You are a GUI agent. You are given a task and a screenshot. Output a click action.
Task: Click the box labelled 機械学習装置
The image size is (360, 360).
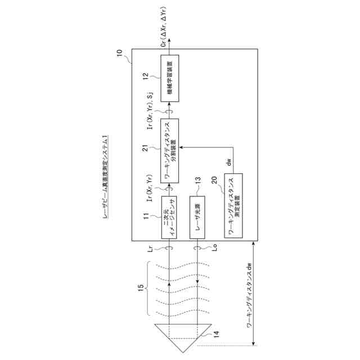[169, 78]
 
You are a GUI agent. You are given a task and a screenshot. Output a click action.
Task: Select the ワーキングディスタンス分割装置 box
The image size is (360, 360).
[169, 150]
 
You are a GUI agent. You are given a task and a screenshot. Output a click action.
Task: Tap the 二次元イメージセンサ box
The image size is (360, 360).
[169, 218]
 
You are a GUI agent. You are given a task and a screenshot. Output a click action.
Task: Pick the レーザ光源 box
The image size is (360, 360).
[199, 218]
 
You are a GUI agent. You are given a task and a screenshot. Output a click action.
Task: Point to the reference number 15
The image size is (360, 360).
[142, 289]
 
